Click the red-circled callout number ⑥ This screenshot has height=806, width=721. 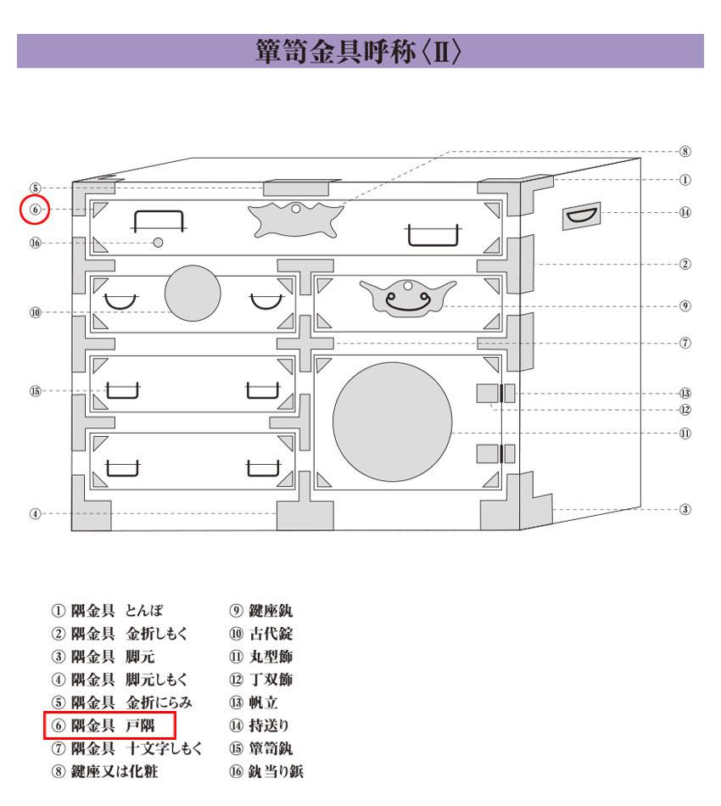(35, 210)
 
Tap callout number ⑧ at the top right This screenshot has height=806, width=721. (685, 151)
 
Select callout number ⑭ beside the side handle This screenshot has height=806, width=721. (685, 212)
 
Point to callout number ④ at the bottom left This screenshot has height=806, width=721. (35, 513)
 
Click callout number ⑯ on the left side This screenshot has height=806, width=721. (35, 243)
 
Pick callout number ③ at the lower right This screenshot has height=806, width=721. (685, 509)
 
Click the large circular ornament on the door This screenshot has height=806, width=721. (393, 422)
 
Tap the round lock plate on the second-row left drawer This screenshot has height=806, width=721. (193, 293)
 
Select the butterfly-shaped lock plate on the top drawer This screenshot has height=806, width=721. (295, 220)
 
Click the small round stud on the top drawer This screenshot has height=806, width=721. (159, 242)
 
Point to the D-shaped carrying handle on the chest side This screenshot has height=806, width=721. (581, 215)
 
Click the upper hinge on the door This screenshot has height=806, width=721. (496, 393)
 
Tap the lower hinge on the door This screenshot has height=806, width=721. (496, 454)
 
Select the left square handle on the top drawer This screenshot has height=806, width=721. (159, 221)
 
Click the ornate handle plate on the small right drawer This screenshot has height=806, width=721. (408, 298)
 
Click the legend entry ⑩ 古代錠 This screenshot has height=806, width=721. (261, 633)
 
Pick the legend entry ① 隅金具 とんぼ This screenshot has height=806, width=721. (108, 610)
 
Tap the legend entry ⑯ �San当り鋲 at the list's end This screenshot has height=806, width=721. (266, 771)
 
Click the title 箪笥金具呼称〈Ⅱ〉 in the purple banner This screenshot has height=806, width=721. (359, 52)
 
